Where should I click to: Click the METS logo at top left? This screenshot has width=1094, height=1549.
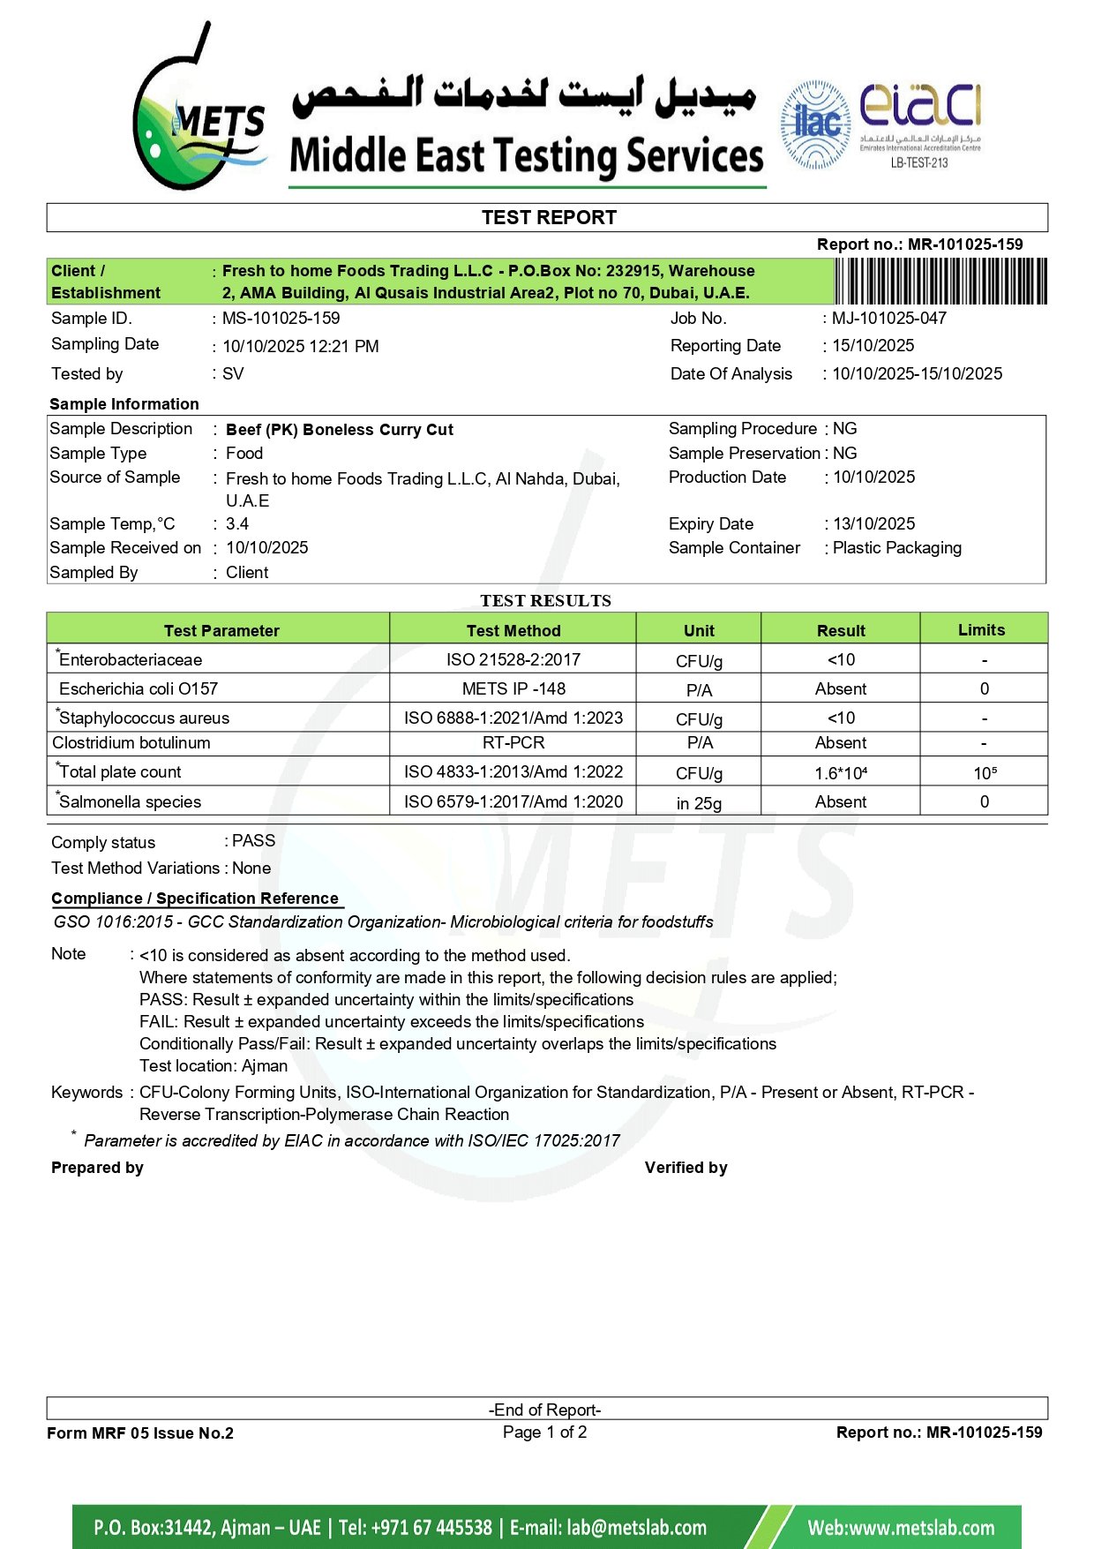tap(198, 110)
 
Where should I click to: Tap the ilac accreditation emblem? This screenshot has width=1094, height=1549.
tap(815, 124)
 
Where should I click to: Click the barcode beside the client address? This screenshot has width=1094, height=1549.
tap(940, 282)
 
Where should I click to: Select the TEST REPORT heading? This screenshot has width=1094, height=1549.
tap(548, 218)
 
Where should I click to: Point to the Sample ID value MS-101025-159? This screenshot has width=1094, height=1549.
tap(281, 319)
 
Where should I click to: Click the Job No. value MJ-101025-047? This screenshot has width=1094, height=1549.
tap(889, 319)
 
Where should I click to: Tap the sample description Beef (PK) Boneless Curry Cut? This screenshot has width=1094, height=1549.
tap(340, 430)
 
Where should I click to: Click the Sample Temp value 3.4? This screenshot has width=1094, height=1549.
tap(237, 524)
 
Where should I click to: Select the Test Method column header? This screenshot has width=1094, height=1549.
tap(513, 630)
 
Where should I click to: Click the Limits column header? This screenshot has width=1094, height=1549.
tap(981, 630)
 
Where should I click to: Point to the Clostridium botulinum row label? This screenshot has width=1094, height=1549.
tap(131, 743)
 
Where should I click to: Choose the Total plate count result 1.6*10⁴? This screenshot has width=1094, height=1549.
tap(841, 773)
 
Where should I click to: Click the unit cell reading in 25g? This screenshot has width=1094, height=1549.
tap(699, 803)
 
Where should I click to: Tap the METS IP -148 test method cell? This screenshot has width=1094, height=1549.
tap(513, 689)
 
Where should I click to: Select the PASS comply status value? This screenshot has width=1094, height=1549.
tap(253, 841)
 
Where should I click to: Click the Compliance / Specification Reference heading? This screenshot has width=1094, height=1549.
tap(195, 899)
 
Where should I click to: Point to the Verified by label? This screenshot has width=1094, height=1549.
tap(686, 1168)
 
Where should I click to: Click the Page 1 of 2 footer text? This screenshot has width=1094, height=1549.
tap(544, 1432)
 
